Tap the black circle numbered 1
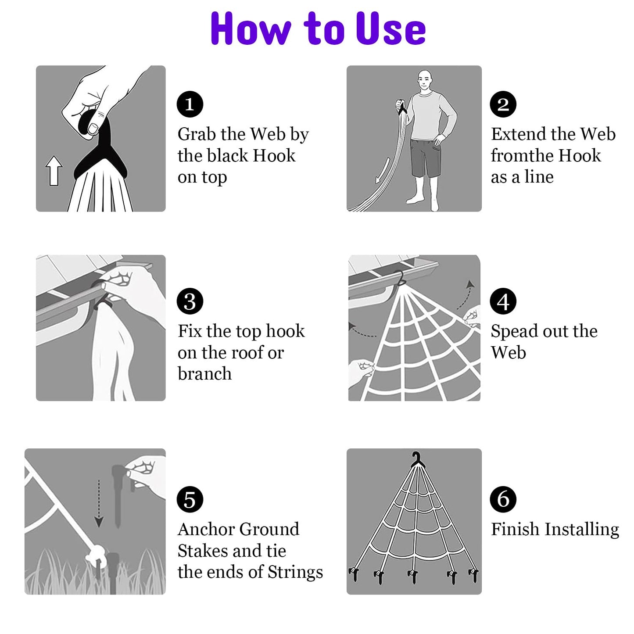tap(190, 104)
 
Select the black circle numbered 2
tap(503, 104)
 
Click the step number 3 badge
tap(190, 301)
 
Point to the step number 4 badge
tap(503, 301)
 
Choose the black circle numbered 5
tap(190, 499)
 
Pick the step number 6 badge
tap(503, 499)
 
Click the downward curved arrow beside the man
tap(382, 171)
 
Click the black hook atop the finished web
tap(417, 460)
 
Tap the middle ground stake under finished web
tap(414, 576)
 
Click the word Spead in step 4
tap(512, 331)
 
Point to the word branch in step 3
tap(204, 373)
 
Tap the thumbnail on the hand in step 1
tap(93, 129)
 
